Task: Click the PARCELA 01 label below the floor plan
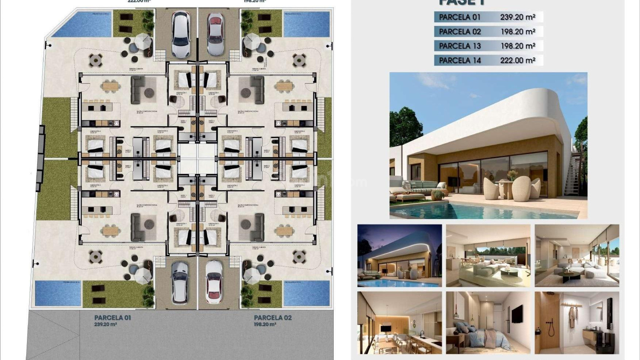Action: point(112,318)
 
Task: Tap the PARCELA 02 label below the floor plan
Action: point(273,318)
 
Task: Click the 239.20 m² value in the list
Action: point(517,17)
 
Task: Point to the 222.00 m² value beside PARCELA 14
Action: point(517,60)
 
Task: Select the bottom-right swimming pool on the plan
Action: point(306,293)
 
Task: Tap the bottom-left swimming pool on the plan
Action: point(58,293)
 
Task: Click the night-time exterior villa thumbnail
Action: point(399,255)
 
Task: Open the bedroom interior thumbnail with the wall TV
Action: point(488,323)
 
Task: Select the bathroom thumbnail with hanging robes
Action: point(577,323)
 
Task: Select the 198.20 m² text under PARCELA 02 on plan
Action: point(265,324)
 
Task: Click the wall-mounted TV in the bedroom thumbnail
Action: point(516,314)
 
